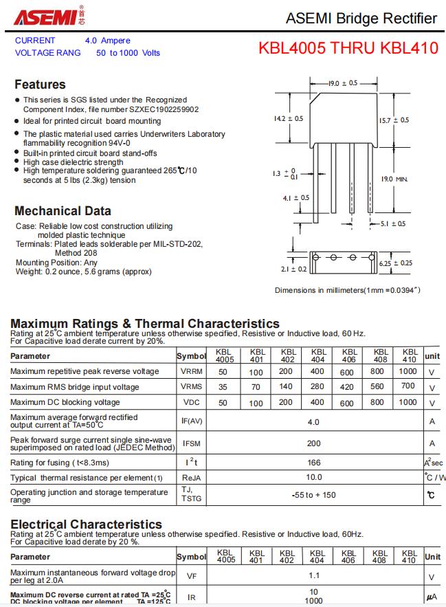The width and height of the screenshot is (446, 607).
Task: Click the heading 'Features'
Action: pyautogui.click(x=40, y=85)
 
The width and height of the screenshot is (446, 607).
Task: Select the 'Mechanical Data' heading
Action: pyautogui.click(x=63, y=211)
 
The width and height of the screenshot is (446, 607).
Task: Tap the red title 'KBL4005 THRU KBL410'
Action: pyautogui.click(x=348, y=49)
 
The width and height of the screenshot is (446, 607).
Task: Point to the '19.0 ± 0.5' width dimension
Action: pyautogui.click(x=342, y=83)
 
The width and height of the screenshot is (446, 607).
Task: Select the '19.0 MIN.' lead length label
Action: pyautogui.click(x=394, y=179)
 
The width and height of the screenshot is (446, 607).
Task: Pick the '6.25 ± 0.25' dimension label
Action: pyautogui.click(x=396, y=263)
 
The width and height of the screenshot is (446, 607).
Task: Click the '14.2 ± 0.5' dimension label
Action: pyautogui.click(x=288, y=119)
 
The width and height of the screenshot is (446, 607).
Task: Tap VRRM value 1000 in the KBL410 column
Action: pyautogui.click(x=408, y=371)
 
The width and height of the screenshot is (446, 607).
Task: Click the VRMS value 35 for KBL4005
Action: pyautogui.click(x=223, y=387)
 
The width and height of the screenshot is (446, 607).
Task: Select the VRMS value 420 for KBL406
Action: pyautogui.click(x=347, y=387)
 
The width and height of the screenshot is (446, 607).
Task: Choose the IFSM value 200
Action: pyautogui.click(x=313, y=443)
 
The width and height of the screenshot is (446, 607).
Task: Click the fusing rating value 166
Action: pyautogui.click(x=313, y=463)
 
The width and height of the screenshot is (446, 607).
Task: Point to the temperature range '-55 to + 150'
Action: pyautogui.click(x=313, y=495)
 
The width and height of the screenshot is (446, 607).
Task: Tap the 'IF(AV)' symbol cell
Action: pyautogui.click(x=192, y=421)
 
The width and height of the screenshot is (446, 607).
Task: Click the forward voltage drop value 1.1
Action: pyautogui.click(x=314, y=576)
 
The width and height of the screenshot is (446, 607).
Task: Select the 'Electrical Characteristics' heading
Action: pyautogui.click(x=86, y=525)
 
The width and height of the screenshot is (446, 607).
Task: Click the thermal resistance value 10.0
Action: pyautogui.click(x=313, y=477)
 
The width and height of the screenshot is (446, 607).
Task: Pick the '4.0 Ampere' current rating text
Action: pyautogui.click(x=107, y=41)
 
